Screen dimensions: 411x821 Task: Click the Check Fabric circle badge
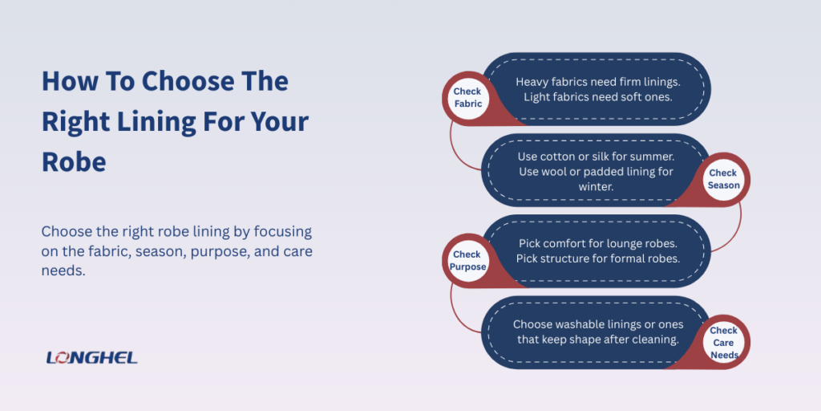pyautogui.click(x=467, y=98)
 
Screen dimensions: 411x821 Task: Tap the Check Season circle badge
pyautogui.click(x=723, y=179)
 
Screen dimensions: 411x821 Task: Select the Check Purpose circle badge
pyautogui.click(x=467, y=261)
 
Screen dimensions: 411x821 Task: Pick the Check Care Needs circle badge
pyautogui.click(x=723, y=342)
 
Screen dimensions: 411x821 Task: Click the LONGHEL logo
pyautogui.click(x=92, y=357)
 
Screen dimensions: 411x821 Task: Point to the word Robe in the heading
pyautogui.click(x=74, y=161)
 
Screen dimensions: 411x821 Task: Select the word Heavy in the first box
pyautogui.click(x=532, y=82)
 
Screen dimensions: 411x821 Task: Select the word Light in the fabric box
pyautogui.click(x=539, y=97)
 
